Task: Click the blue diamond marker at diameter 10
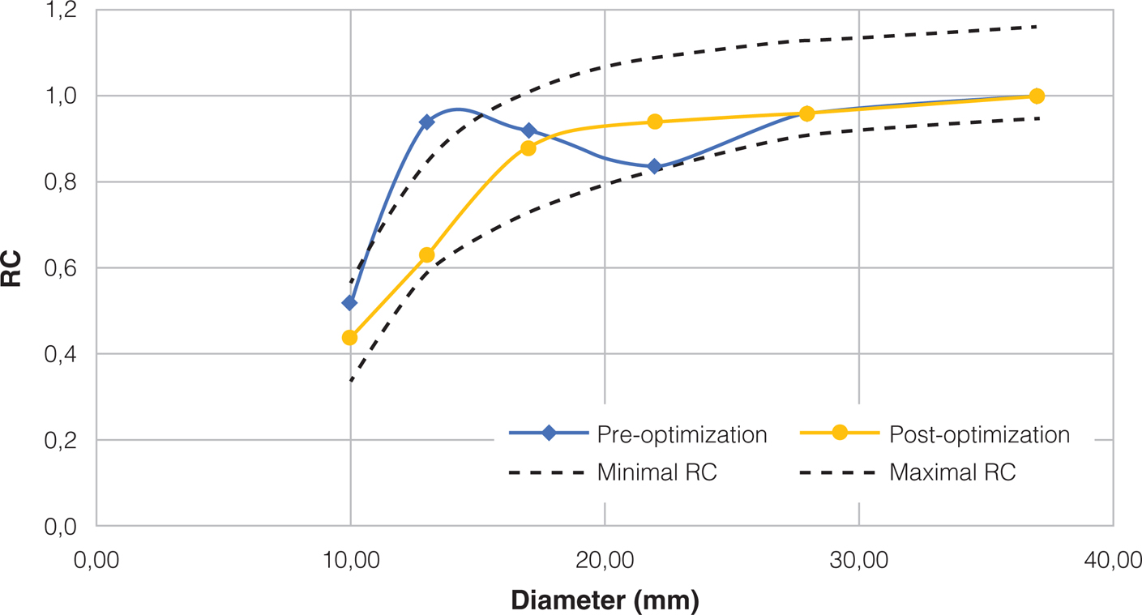click(x=350, y=303)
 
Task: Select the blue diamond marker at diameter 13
click(x=426, y=122)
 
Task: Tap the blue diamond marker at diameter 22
click(x=655, y=167)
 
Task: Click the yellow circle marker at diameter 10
click(x=350, y=337)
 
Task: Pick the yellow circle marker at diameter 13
click(x=426, y=255)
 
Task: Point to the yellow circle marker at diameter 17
click(x=528, y=148)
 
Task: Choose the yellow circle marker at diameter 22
click(x=655, y=122)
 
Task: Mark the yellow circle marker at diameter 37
click(x=1036, y=96)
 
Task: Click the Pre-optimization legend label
click(x=682, y=435)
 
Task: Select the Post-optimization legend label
click(x=979, y=435)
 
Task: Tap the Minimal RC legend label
click(x=657, y=472)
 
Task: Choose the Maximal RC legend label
click(x=952, y=472)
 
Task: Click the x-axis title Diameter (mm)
click(x=605, y=600)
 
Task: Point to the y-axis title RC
click(x=11, y=269)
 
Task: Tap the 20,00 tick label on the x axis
click(x=604, y=560)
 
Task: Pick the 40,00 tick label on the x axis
click(x=1112, y=560)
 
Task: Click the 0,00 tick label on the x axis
click(x=96, y=560)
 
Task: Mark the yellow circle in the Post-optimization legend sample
click(x=840, y=433)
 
